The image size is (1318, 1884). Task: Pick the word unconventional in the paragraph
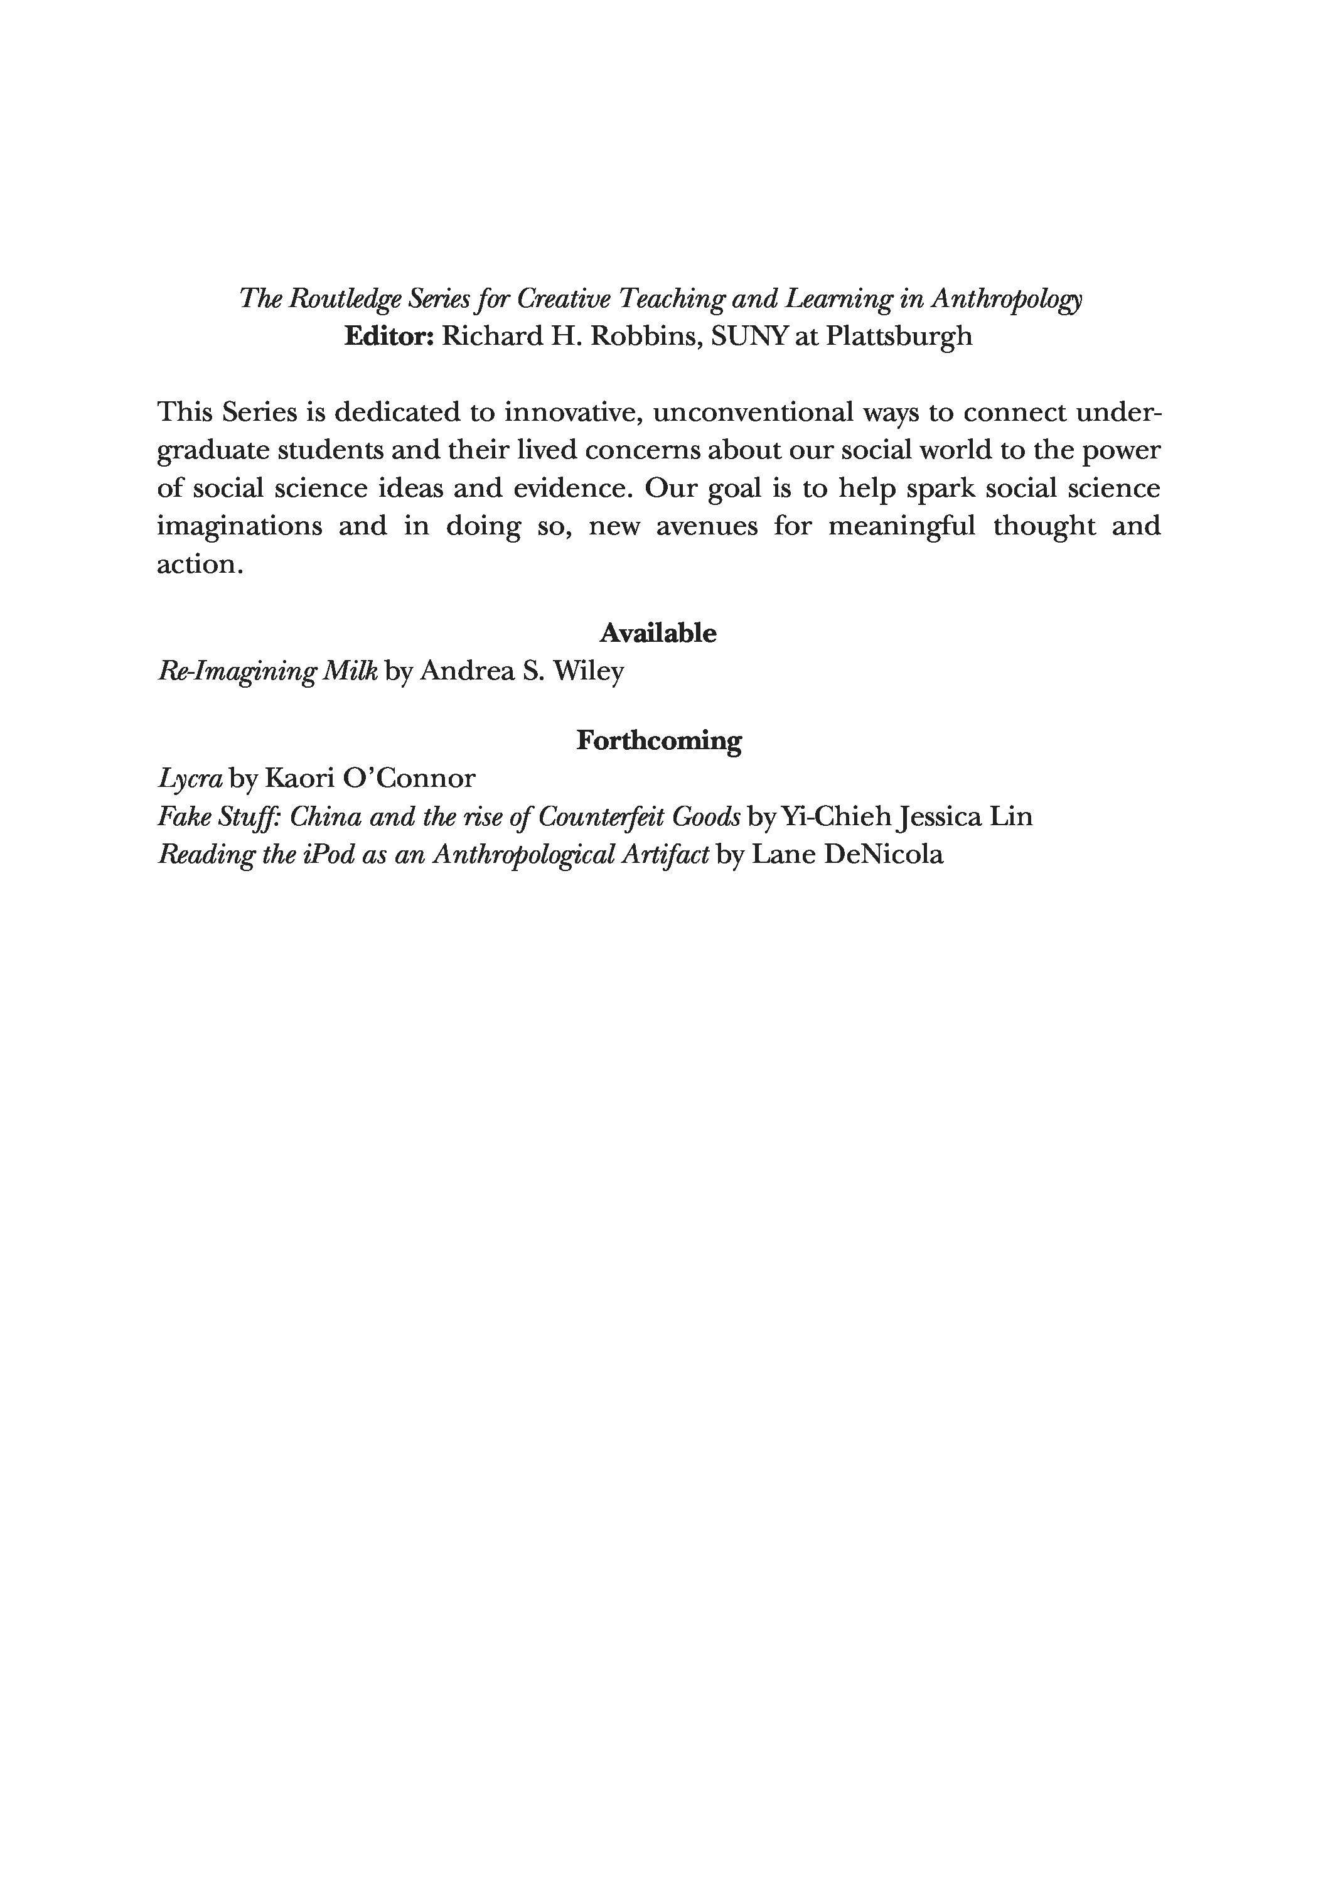(x=753, y=412)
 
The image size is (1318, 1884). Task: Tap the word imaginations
(x=240, y=526)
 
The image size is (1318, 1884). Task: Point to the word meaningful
(x=901, y=526)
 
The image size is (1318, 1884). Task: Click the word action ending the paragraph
(x=197, y=565)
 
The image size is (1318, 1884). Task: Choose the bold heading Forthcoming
(x=658, y=740)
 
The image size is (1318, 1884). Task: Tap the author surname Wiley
(x=588, y=671)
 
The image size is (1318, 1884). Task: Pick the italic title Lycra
(x=190, y=779)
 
